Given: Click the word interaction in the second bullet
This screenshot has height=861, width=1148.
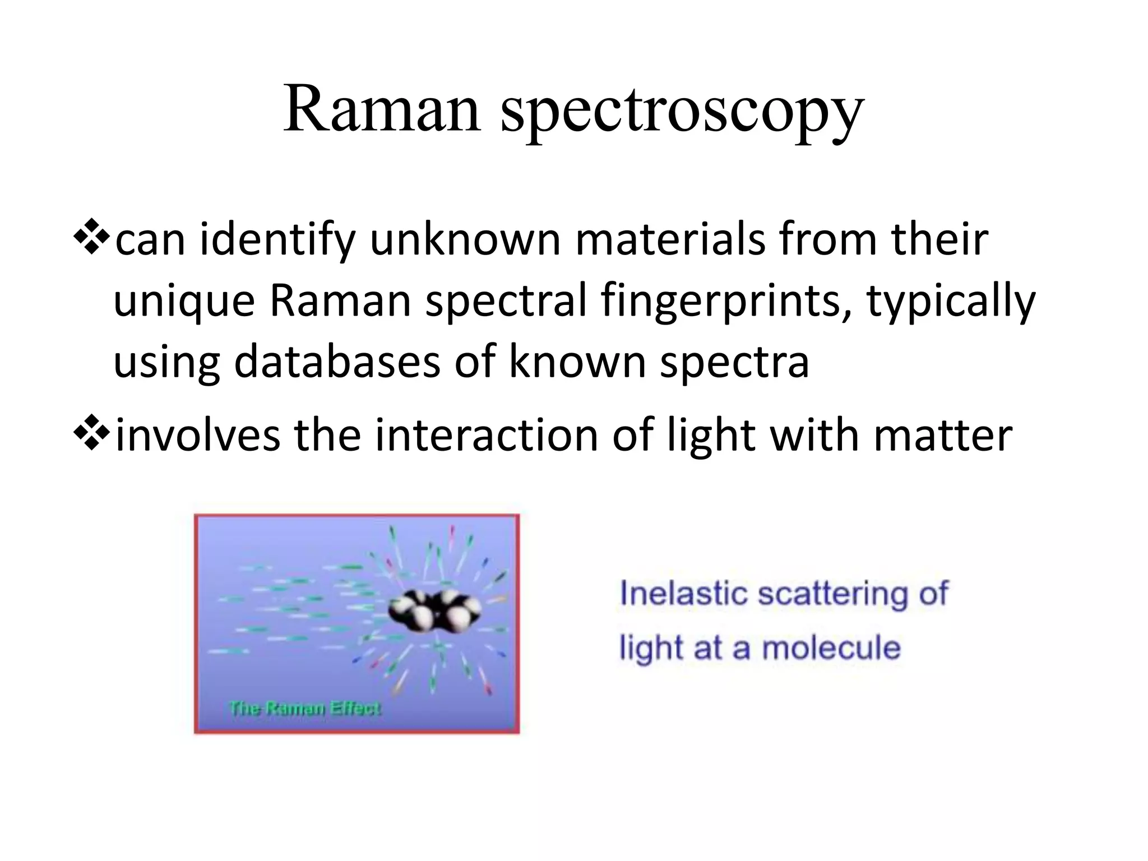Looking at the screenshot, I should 486,436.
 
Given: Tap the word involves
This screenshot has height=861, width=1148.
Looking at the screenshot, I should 197,436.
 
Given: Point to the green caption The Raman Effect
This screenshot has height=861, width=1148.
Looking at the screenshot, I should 305,709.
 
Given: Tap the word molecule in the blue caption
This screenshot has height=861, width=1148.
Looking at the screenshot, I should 831,648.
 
